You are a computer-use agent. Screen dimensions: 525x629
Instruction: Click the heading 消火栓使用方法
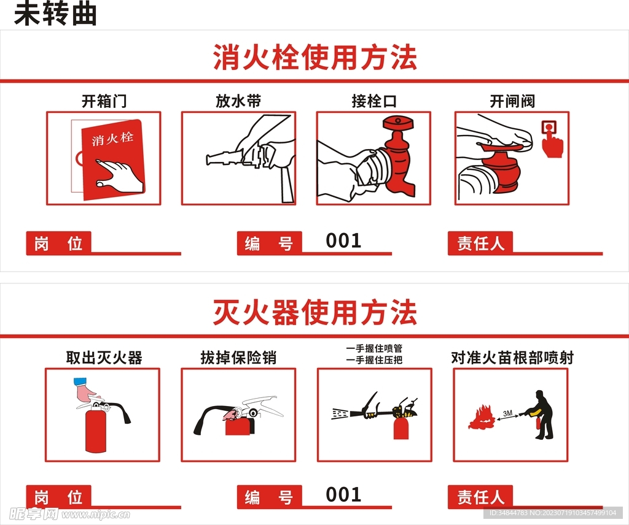coord(314,58)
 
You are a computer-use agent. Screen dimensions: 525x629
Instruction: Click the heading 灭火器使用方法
coord(314,313)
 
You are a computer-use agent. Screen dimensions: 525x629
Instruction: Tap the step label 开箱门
coord(104,101)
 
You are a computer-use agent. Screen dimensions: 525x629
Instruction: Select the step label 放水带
coord(238,101)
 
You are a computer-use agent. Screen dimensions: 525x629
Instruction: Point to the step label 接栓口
coord(373,101)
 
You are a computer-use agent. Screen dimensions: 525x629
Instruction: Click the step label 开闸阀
coord(512,101)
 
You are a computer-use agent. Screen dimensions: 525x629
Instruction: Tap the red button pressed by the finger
coord(549,128)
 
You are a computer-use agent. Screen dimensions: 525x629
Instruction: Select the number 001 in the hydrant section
coord(343,240)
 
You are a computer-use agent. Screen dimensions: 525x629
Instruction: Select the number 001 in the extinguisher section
coord(343,494)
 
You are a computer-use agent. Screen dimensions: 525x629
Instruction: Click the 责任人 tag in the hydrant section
coord(480,243)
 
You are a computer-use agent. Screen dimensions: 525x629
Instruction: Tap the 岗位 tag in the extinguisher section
coord(58,497)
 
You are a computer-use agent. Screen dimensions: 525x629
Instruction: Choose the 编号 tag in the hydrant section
coord(269,243)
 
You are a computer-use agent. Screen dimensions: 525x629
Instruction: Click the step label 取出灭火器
coord(104,357)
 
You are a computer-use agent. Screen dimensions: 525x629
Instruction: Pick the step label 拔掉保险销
coord(238,357)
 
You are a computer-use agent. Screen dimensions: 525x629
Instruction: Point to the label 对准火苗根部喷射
coord(512,357)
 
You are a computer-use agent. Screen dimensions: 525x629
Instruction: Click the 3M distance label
coord(507,413)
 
